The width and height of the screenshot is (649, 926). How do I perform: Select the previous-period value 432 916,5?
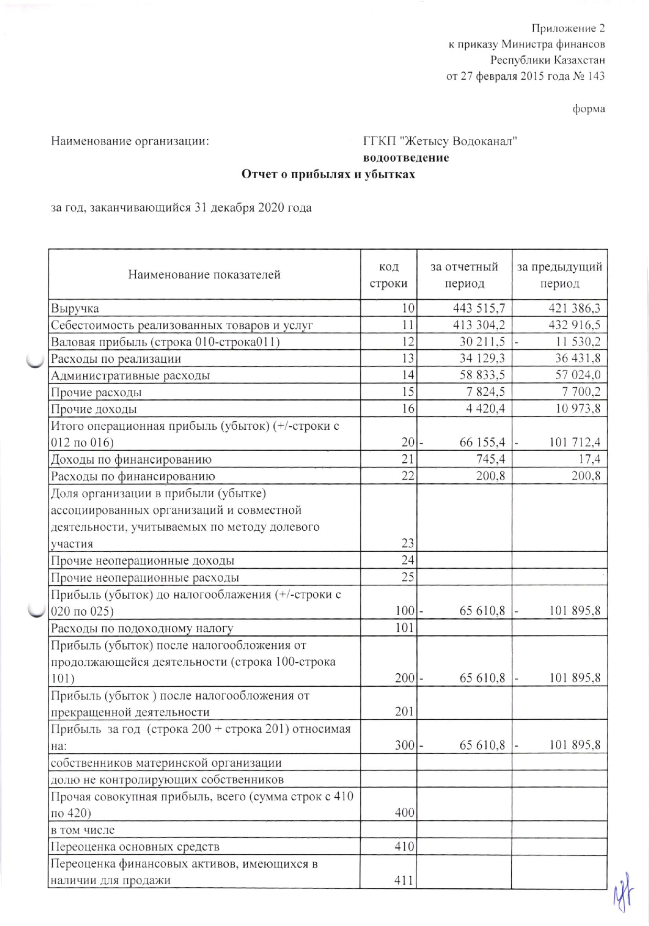click(575, 325)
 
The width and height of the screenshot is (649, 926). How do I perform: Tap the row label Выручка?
click(75, 309)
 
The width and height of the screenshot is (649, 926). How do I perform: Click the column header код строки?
click(388, 275)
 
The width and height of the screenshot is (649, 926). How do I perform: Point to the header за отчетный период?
click(464, 275)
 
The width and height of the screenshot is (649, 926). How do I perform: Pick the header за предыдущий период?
click(559, 275)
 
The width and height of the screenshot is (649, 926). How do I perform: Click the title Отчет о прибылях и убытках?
click(328, 174)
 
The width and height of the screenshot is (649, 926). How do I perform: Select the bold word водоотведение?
click(406, 158)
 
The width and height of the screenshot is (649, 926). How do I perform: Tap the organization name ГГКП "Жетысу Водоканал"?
click(440, 141)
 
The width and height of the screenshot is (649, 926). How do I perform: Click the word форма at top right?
click(589, 109)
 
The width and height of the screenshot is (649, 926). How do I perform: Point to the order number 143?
click(596, 76)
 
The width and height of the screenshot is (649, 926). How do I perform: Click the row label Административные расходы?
click(130, 376)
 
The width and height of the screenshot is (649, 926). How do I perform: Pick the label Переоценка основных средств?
click(135, 847)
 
